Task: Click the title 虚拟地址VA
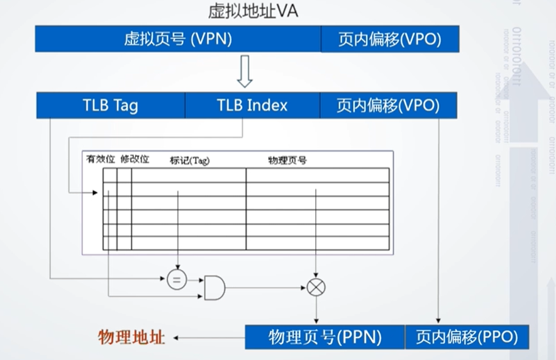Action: [x=253, y=11]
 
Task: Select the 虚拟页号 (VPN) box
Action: [x=178, y=39]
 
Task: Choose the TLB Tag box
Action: [x=110, y=105]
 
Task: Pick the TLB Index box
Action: [x=252, y=105]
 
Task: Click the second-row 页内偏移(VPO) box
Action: [x=388, y=105]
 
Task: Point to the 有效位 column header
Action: [x=100, y=160]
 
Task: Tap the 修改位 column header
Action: [x=135, y=160]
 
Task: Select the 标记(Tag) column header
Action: [x=189, y=160]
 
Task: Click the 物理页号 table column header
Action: [x=287, y=160]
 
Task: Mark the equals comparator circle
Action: [x=177, y=279]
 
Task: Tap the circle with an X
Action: [x=316, y=288]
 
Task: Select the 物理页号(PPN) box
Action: [x=325, y=337]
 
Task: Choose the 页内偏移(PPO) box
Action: [x=466, y=337]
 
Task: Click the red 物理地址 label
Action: [x=131, y=337]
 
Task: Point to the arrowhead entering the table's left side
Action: [x=95, y=193]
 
